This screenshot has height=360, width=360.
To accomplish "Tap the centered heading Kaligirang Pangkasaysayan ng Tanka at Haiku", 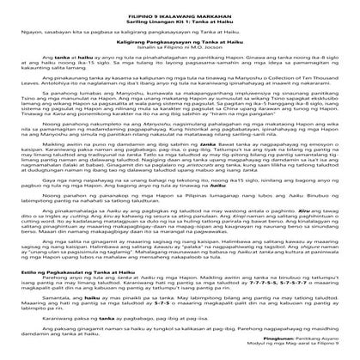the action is (180, 40).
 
